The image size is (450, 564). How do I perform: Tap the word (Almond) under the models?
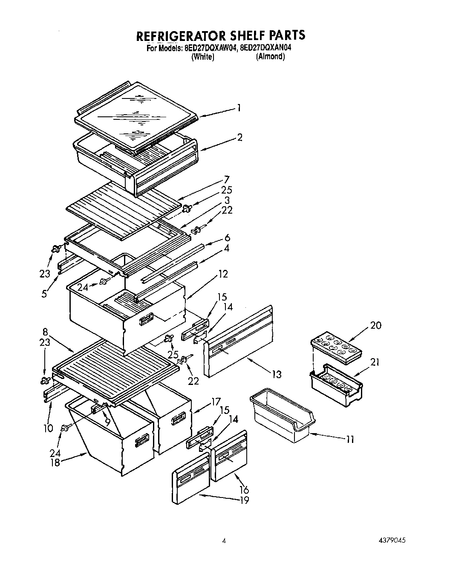(x=270, y=57)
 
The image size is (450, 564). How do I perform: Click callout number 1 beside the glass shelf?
(x=239, y=108)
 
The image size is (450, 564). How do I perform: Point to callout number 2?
(x=240, y=137)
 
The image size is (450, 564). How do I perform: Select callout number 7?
(x=227, y=179)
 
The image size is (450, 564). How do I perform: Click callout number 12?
(x=223, y=274)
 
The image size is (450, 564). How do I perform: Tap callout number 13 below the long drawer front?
(x=277, y=374)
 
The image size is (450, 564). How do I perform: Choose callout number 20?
(x=375, y=325)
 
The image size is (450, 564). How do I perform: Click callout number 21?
(x=375, y=362)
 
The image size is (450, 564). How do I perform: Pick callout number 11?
(x=350, y=439)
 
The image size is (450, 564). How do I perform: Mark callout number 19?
(x=244, y=500)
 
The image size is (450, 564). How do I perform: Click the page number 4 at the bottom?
(x=224, y=541)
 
